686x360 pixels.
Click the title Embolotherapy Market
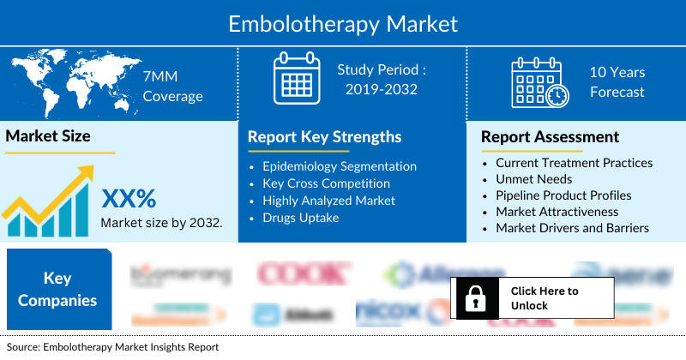(x=343, y=22)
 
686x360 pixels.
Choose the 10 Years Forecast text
(x=617, y=82)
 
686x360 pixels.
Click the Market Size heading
(x=48, y=135)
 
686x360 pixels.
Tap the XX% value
(x=129, y=199)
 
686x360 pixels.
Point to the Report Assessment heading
(x=550, y=137)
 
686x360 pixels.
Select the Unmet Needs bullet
(x=533, y=178)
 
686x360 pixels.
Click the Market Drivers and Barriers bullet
(x=572, y=228)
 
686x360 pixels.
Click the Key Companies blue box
(x=57, y=289)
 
